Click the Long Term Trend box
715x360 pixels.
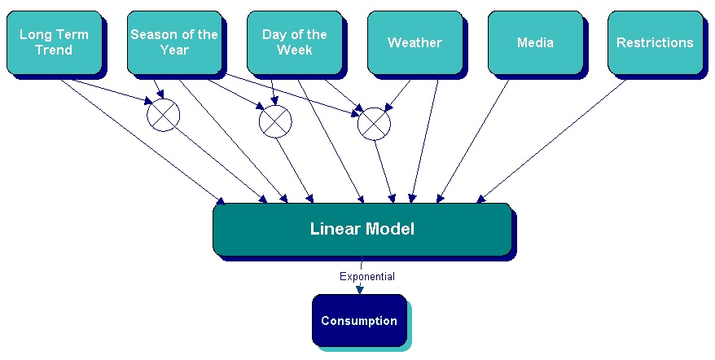pos(54,42)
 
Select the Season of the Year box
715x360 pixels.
pos(174,42)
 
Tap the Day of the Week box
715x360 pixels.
pos(294,42)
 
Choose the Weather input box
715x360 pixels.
pos(415,42)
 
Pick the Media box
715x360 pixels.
pos(535,42)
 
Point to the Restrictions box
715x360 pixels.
pos(655,42)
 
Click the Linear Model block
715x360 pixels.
pos(362,229)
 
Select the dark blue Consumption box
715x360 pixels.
pos(358,320)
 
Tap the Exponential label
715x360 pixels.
pos(367,277)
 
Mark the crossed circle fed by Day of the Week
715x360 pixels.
pos(275,122)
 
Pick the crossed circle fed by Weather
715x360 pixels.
pos(374,123)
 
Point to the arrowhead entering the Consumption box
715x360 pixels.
pos(359,289)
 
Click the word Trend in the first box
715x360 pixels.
pos(54,50)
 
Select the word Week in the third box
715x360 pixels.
pos(294,50)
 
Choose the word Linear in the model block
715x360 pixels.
pos(336,229)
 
